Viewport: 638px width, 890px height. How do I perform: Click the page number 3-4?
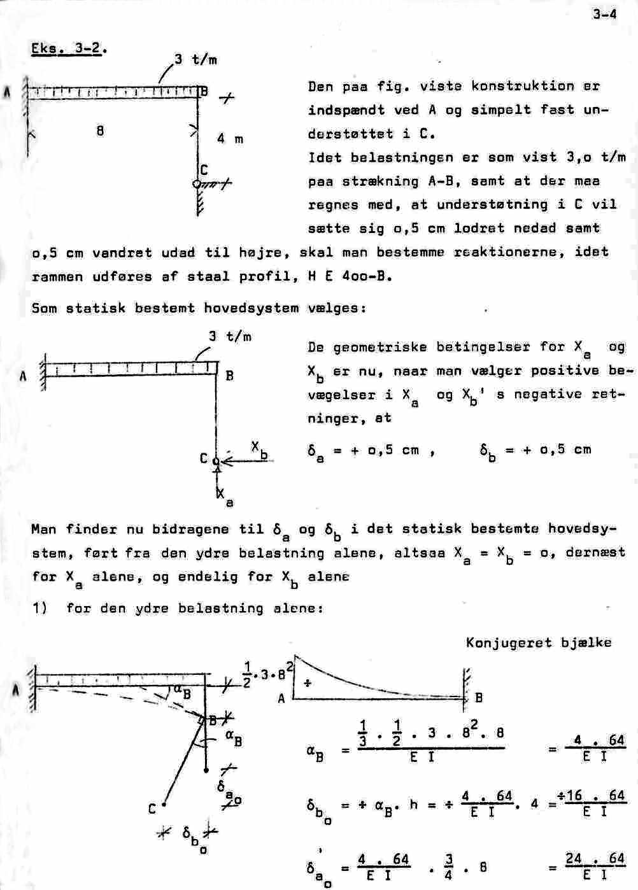[604, 13]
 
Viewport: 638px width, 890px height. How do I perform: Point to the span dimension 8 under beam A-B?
[100, 131]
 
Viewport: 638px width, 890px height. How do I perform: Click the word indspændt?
[346, 110]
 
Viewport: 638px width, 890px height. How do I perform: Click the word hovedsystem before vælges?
[251, 308]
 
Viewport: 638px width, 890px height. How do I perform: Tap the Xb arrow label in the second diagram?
[259, 448]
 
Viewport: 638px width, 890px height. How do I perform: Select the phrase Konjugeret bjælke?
[539, 642]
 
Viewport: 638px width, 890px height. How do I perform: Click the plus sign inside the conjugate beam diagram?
[307, 682]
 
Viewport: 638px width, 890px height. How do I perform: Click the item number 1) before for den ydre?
[40, 608]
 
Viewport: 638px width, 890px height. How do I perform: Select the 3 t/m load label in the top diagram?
[195, 60]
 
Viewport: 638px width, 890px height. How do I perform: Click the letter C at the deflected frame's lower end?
[152, 809]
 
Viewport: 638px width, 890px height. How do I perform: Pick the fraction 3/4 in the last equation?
[450, 866]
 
